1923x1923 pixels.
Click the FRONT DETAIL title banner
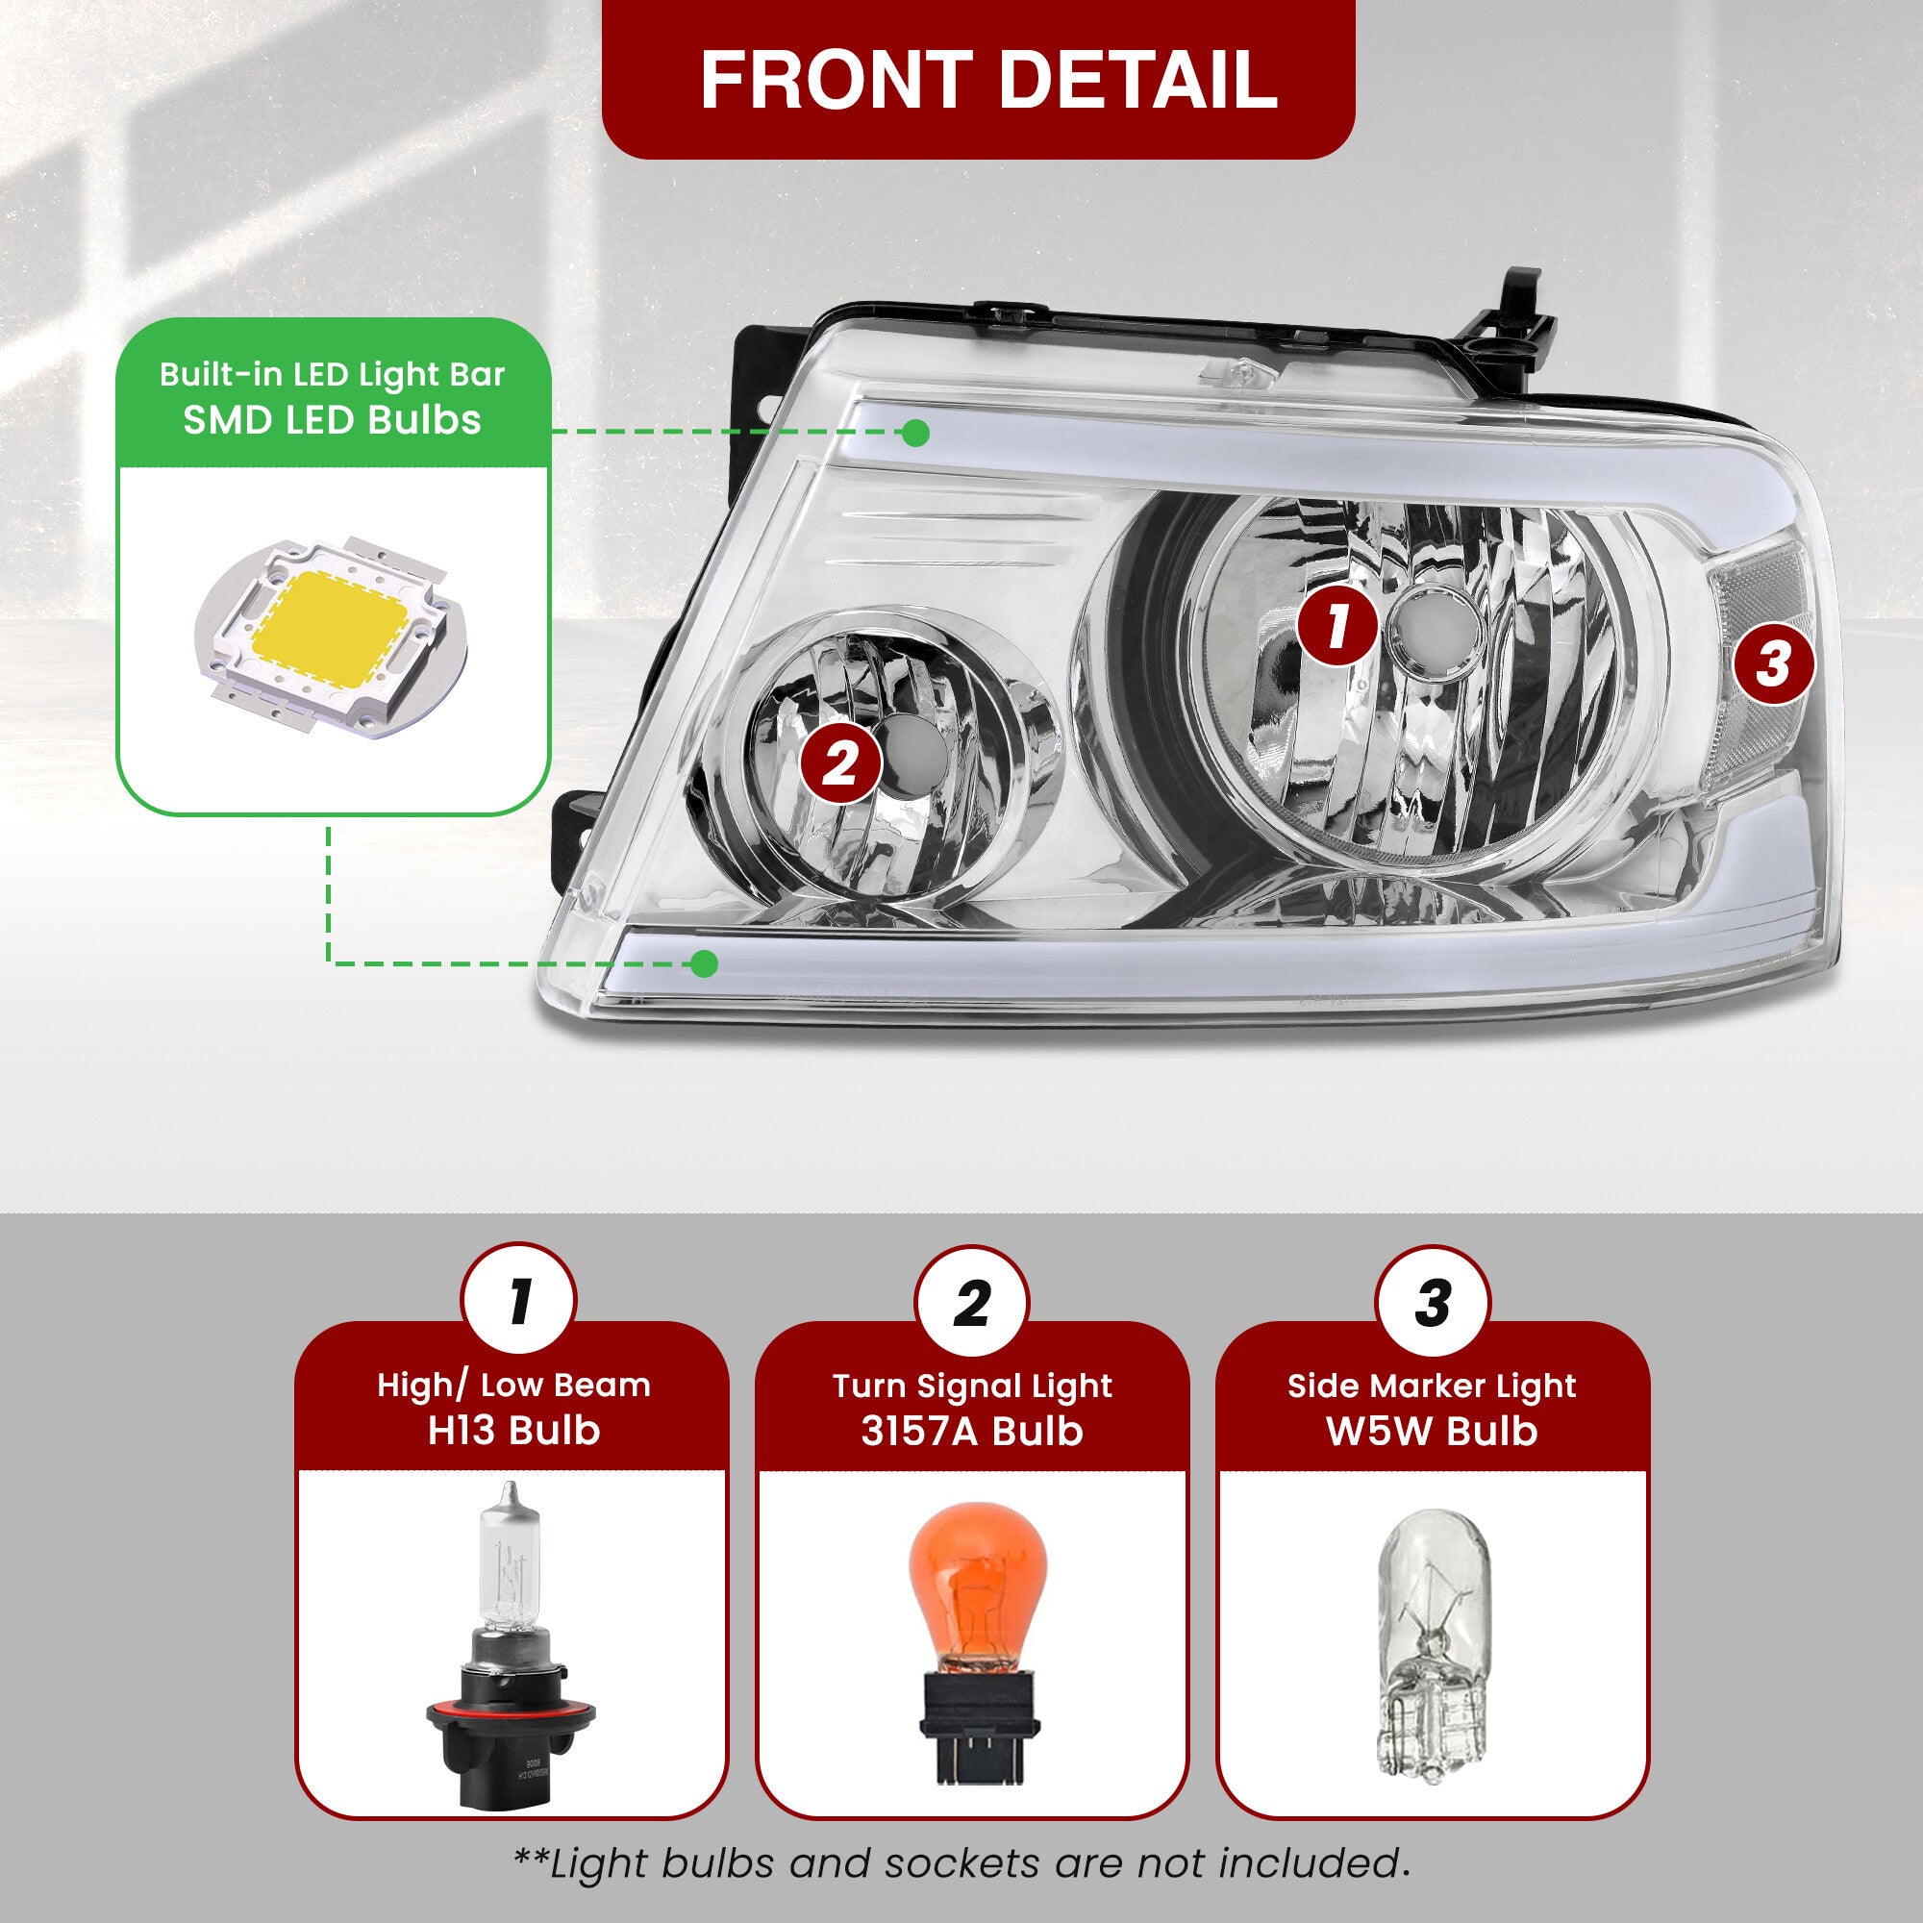978,79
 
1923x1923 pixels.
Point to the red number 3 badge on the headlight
1773,663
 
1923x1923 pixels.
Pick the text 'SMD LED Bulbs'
333,420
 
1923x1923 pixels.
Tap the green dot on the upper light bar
915,433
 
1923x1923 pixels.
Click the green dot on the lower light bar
704,962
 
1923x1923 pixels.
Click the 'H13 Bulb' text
513,1432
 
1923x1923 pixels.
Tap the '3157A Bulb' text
971,1432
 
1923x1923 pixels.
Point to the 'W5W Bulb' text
1432,1432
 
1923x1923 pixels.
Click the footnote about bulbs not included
961,1863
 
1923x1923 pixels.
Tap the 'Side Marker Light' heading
1432,1386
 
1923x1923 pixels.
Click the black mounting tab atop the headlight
1511,318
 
